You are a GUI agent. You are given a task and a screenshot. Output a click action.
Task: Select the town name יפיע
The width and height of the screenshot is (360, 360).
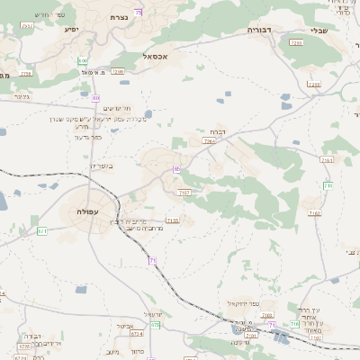click(71, 30)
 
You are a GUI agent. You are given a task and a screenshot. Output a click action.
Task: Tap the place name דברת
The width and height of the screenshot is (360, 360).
click(206, 131)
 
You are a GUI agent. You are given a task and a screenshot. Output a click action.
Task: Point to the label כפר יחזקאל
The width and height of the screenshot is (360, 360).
click(243, 303)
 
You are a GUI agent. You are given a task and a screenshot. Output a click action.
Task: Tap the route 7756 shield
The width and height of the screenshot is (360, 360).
click(26, 73)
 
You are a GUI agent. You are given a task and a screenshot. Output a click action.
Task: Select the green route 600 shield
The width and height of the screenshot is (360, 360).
click(83, 60)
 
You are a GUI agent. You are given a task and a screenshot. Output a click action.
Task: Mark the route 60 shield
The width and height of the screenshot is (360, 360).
click(96, 97)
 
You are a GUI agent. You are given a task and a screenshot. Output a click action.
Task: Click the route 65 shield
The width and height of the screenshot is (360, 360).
click(177, 168)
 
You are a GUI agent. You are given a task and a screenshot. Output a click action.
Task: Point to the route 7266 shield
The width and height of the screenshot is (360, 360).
click(209, 141)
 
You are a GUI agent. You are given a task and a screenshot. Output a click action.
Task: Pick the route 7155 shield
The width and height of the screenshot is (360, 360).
click(173, 220)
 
